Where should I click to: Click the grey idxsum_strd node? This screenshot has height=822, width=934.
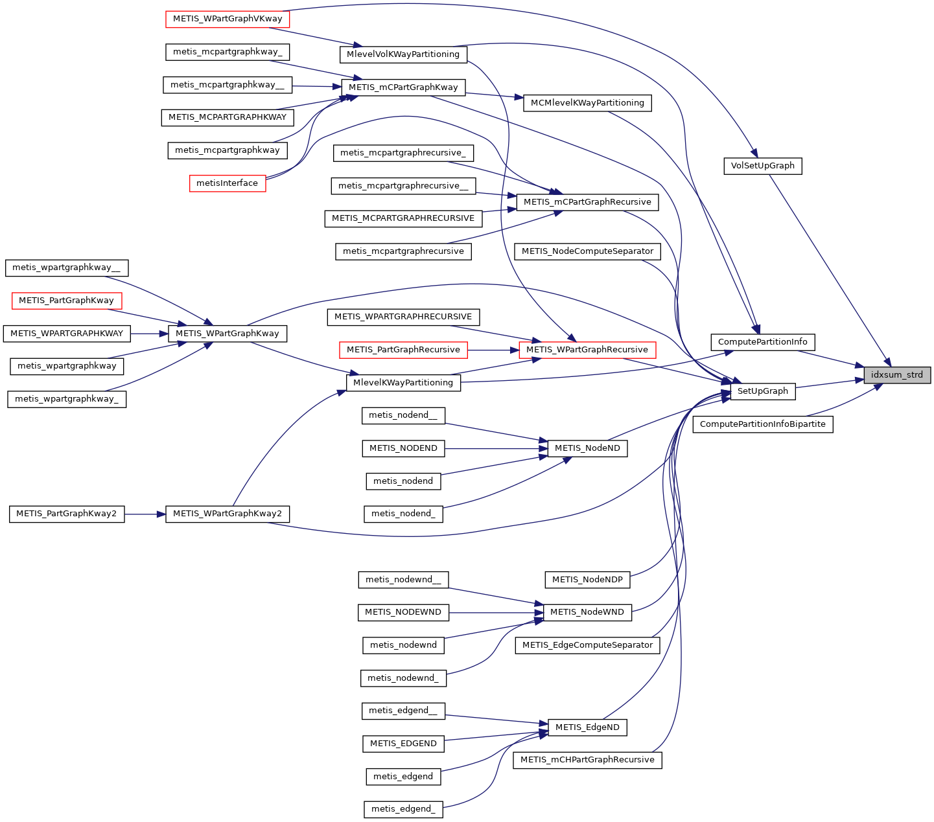coord(897,375)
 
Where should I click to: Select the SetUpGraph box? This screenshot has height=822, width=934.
coord(762,391)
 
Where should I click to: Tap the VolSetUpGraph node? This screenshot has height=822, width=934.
coord(762,166)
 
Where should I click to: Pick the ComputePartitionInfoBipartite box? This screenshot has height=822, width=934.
coord(762,424)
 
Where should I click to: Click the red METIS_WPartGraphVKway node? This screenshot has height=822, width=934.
coord(227,19)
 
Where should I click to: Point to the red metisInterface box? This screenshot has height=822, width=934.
coord(227,183)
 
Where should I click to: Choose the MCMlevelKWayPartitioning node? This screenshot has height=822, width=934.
coord(587,103)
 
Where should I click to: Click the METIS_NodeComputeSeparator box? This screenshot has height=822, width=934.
coord(587,251)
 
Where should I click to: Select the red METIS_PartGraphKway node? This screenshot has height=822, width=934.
coord(66,301)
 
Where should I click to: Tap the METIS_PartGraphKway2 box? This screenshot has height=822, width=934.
coord(66,514)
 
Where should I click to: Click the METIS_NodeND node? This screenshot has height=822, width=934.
coord(587,448)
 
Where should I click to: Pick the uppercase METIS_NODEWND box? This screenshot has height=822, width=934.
coord(403,612)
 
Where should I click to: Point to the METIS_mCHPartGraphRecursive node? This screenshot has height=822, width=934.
coord(587,760)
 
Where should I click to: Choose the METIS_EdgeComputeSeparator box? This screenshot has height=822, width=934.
coord(587,645)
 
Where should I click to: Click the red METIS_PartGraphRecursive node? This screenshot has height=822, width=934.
coord(403,350)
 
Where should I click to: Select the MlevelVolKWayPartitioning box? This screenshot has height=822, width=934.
coord(403,54)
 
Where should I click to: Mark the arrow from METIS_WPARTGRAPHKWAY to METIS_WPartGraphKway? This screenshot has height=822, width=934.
coord(149,334)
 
